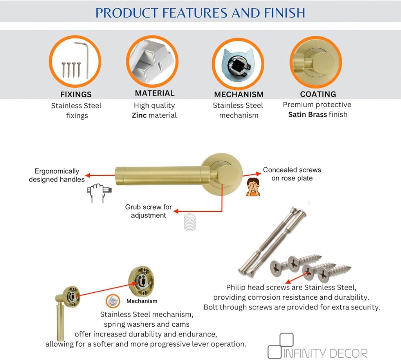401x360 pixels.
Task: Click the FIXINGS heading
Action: [x=76, y=94]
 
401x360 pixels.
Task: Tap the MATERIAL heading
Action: [x=155, y=93]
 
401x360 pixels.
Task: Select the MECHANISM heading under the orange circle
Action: [x=238, y=94]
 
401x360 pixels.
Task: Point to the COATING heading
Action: [x=318, y=94]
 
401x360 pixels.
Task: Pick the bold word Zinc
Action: [x=139, y=115]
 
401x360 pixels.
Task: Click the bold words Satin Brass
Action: [x=307, y=115]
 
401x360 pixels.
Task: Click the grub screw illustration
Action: [x=190, y=222]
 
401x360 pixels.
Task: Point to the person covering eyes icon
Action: [x=253, y=187]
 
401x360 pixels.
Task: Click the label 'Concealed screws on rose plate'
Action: [x=292, y=174]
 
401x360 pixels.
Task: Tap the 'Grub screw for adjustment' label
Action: [x=148, y=211]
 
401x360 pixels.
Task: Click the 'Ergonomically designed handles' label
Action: [x=56, y=175]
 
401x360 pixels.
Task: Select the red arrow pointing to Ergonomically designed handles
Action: [x=100, y=175]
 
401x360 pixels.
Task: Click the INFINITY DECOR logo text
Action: [x=325, y=353]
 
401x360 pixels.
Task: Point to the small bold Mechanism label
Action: [x=142, y=301]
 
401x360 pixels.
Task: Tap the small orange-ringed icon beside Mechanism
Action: [x=113, y=301]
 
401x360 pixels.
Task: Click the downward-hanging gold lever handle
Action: [x=61, y=319]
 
